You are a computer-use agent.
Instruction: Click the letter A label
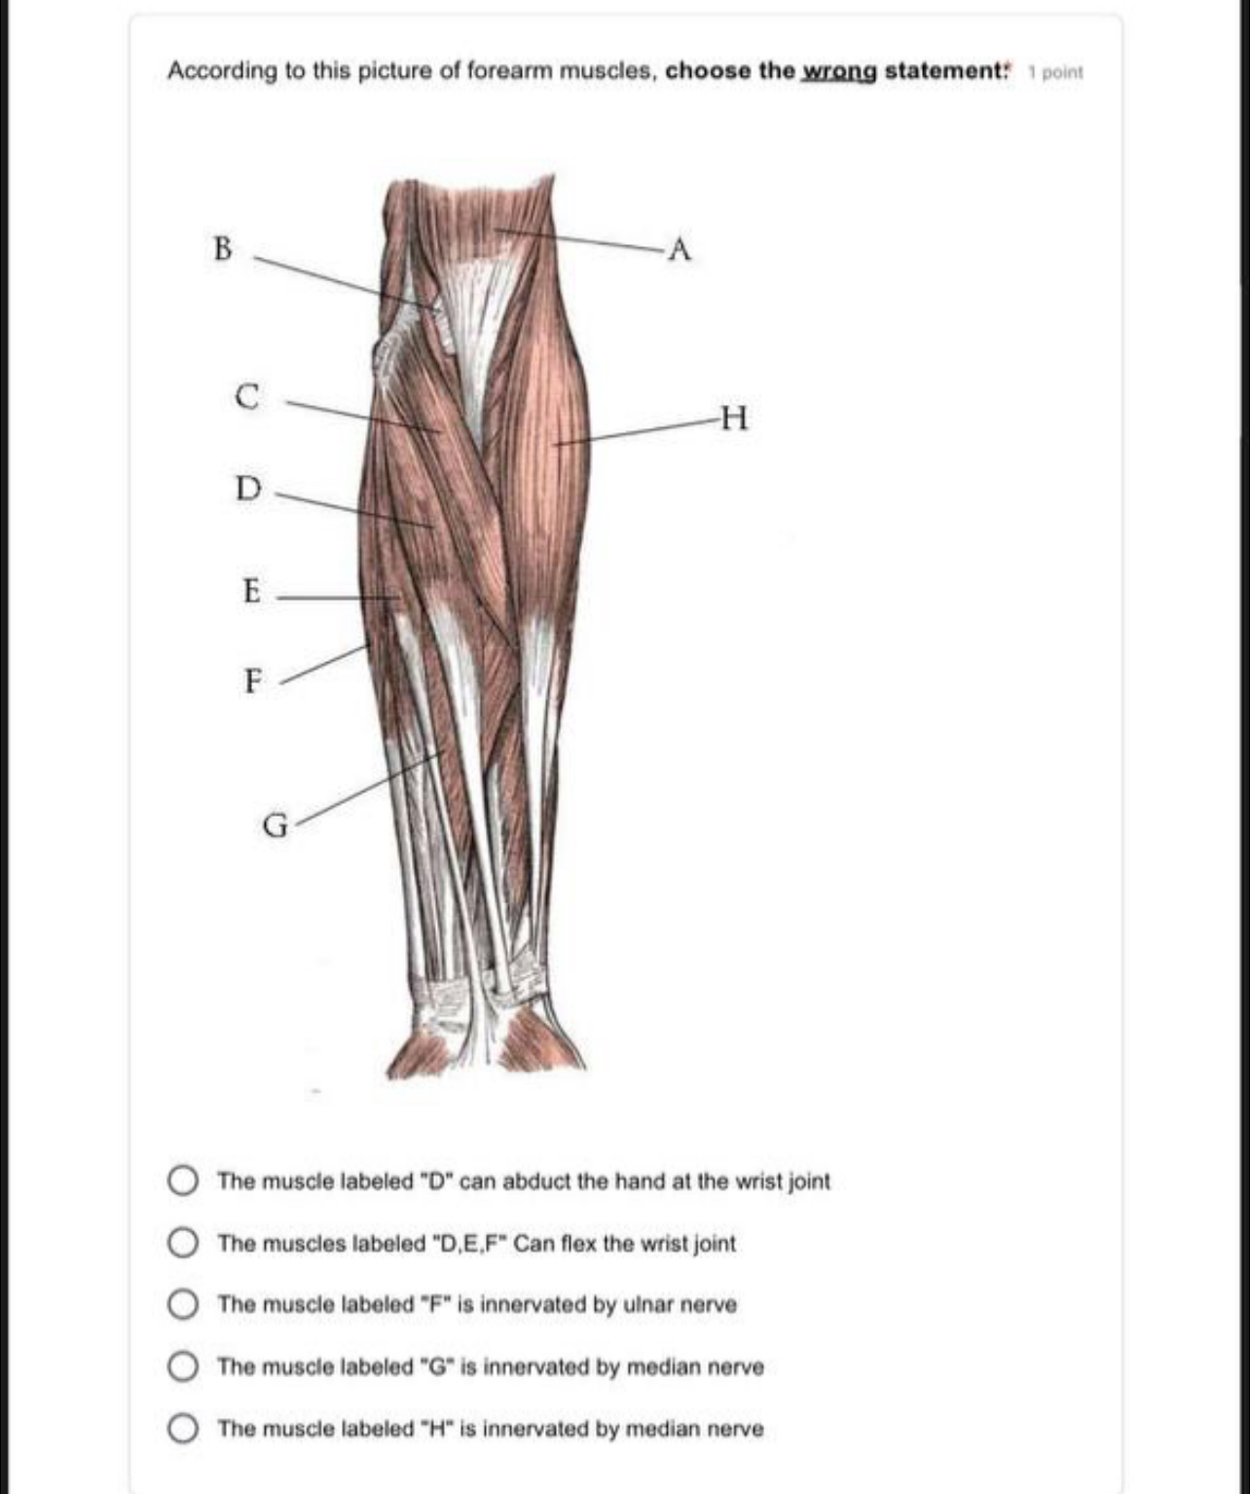pos(680,250)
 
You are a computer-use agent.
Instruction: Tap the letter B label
pos(223,248)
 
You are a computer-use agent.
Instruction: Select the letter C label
pos(248,397)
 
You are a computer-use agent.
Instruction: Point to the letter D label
pos(248,488)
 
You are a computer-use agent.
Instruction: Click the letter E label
pos(251,591)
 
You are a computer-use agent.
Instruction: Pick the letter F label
pos(252,680)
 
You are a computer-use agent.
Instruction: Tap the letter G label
pos(276,826)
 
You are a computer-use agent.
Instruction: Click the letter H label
pos(736,419)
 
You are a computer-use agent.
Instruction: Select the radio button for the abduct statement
pos(183,1182)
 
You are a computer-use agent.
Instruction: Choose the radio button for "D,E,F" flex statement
pos(183,1243)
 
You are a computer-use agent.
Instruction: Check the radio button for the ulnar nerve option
pos(183,1304)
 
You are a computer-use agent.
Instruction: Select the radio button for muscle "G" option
pos(183,1366)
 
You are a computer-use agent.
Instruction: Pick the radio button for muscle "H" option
pos(183,1429)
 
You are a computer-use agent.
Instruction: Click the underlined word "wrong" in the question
pos(838,71)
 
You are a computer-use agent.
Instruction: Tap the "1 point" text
pos(1055,72)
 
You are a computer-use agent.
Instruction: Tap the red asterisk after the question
pos(1009,66)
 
